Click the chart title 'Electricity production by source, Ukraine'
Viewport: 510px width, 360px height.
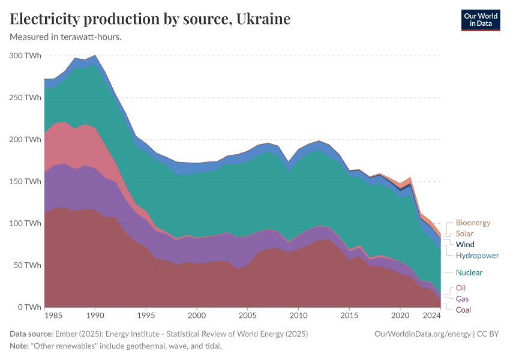150,19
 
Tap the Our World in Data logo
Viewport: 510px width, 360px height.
480,20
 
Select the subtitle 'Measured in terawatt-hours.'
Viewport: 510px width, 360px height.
66,37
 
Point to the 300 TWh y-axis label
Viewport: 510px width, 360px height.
25,55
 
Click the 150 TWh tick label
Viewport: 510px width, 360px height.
25,181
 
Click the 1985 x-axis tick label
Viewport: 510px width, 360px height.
52,315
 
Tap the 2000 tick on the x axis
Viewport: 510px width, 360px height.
197,315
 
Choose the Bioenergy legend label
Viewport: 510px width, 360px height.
473,223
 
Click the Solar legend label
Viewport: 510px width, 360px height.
464,233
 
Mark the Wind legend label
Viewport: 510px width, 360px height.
465,244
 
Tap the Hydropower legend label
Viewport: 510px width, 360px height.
477,255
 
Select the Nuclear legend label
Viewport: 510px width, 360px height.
469,272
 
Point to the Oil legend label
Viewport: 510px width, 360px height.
461,288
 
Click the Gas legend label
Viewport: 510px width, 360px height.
463,299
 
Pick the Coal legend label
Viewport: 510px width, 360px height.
463,310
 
